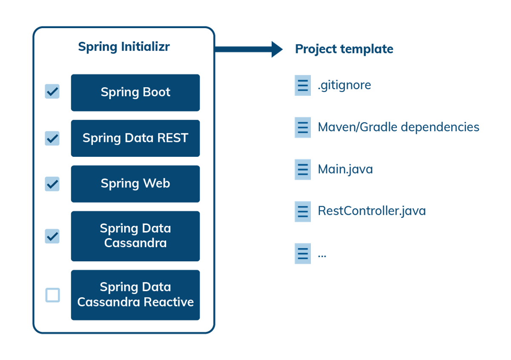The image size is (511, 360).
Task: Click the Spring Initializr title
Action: (x=123, y=47)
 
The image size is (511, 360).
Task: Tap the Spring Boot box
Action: (x=135, y=92)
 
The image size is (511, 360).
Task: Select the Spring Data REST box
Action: (x=135, y=138)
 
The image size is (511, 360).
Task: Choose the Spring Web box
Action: (x=135, y=184)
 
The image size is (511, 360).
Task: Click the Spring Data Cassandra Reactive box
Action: (x=135, y=295)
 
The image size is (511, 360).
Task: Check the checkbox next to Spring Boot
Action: (x=52, y=92)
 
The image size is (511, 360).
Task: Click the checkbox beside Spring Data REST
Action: (x=52, y=138)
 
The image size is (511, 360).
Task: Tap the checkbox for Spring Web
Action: (x=52, y=184)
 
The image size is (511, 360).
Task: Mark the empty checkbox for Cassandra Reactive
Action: (x=52, y=295)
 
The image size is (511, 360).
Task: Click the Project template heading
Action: (x=344, y=49)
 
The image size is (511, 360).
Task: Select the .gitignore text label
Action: (x=344, y=85)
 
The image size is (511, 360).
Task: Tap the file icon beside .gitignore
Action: (x=303, y=85)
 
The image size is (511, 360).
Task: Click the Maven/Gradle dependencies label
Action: (x=398, y=127)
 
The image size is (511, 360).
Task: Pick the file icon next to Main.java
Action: (x=303, y=169)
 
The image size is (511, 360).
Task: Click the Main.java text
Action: (x=345, y=169)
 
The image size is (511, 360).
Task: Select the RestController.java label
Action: (x=371, y=211)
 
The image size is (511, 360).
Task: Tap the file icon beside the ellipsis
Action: (x=303, y=253)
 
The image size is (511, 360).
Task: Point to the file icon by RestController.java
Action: (x=303, y=211)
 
